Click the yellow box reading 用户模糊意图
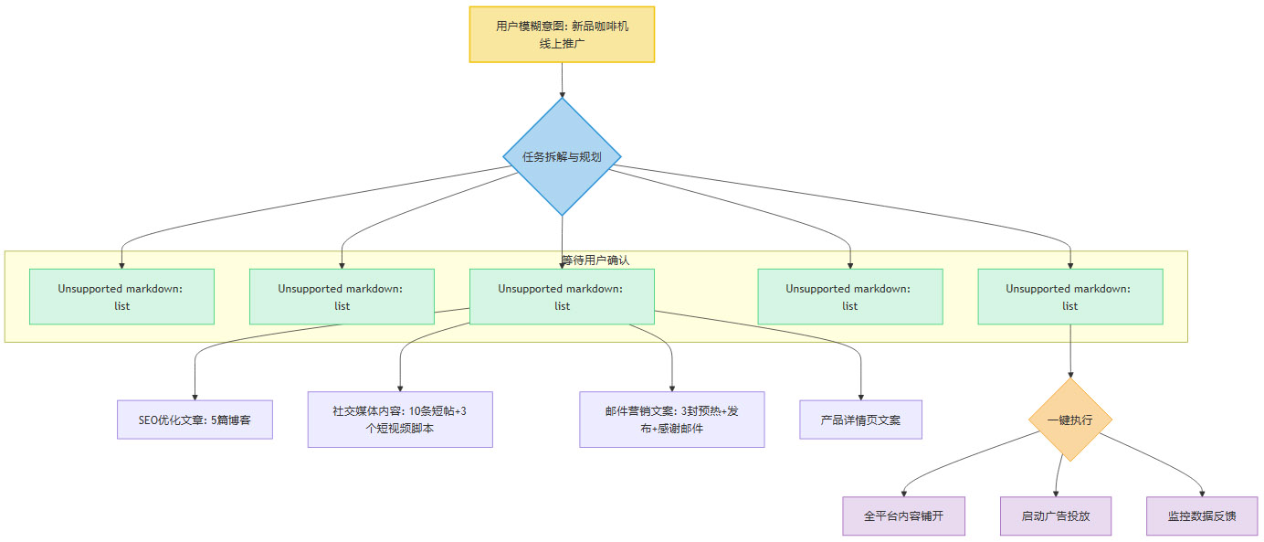(562, 35)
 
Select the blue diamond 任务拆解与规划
(562, 156)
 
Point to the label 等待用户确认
(595, 260)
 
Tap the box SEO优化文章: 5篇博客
(195, 420)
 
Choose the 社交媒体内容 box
(400, 420)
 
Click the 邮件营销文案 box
(671, 420)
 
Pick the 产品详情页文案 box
(860, 420)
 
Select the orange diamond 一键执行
(1069, 420)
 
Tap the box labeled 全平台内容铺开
(903, 516)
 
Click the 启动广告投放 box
(1056, 516)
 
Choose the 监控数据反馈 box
(1202, 516)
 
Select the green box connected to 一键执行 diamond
(1069, 296)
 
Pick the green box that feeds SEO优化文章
(562, 296)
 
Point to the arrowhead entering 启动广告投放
(1057, 494)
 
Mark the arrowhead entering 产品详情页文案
(860, 397)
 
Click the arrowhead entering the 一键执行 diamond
(1069, 375)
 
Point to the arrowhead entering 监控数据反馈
(1203, 494)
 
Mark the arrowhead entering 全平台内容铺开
(903, 494)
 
